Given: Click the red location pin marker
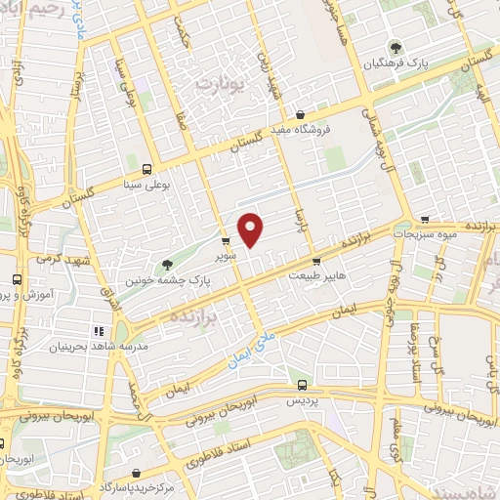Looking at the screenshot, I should click(251, 229).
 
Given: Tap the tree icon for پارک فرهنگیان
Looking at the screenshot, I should click(395, 47).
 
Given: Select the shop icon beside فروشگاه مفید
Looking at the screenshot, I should click(300, 114).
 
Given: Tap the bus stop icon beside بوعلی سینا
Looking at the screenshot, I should click(146, 168).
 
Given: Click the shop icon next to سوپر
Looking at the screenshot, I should click(226, 240).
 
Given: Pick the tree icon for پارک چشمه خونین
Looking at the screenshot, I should click(167, 264).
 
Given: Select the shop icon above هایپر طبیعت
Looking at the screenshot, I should click(316, 261).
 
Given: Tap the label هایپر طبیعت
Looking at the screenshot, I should click(315, 276).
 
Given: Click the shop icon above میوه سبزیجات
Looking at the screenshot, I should click(423, 220).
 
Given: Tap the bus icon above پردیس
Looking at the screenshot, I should click(301, 385).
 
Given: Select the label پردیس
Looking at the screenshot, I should click(301, 400).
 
